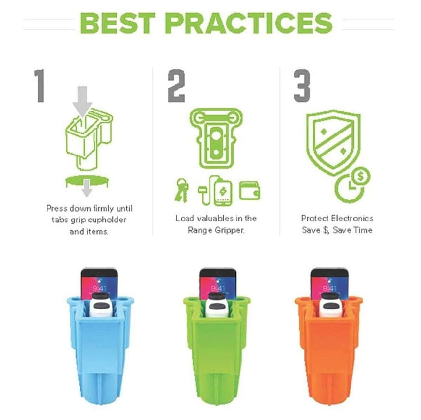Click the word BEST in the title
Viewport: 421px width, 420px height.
117,23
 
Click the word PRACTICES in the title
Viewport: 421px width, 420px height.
249,23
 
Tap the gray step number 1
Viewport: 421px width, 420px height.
40,86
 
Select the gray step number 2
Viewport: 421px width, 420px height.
176,86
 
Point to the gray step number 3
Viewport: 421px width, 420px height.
302,86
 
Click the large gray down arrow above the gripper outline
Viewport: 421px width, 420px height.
82,101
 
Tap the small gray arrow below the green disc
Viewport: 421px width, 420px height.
87,188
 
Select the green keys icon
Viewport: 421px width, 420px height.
182,190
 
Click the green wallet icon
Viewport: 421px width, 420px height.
250,191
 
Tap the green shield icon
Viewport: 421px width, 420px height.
333,142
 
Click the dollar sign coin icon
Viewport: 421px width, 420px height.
360,177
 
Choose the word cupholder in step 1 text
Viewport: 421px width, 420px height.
107,220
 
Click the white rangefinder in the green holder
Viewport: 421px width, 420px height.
217,305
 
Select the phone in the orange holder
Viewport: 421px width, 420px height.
329,284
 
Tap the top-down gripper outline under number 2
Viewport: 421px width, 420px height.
216,138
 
